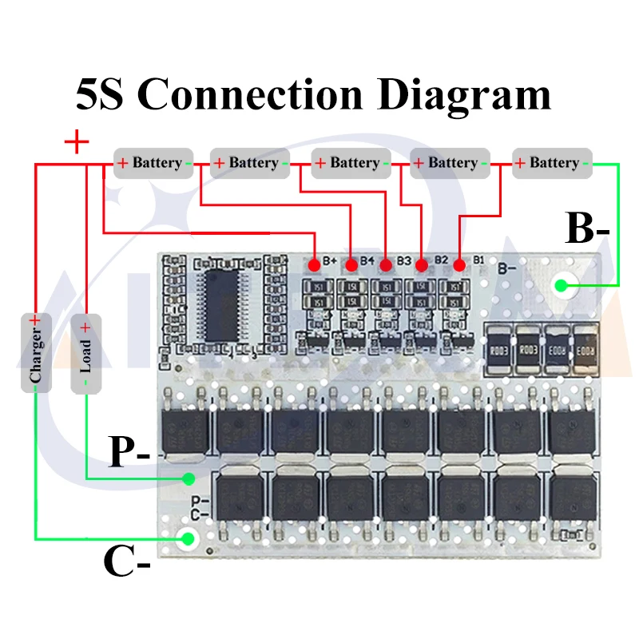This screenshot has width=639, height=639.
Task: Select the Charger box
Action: click(35, 352)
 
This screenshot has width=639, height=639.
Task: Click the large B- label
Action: click(587, 228)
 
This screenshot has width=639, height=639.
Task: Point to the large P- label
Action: click(129, 454)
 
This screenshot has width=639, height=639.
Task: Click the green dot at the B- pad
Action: click(565, 284)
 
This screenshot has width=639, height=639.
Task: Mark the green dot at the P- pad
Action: click(189, 479)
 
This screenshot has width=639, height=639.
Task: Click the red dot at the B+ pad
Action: click(316, 263)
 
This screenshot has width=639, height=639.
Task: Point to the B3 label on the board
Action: click(403, 260)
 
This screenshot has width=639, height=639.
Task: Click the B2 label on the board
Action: click(441, 260)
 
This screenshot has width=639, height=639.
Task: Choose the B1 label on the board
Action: click(478, 259)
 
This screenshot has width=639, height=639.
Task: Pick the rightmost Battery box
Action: click(551, 163)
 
